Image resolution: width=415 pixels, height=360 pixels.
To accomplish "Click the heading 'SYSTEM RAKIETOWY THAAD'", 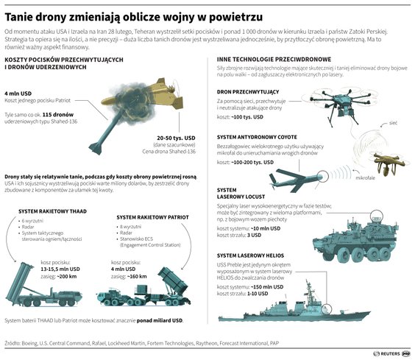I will click(x=49, y=211).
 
